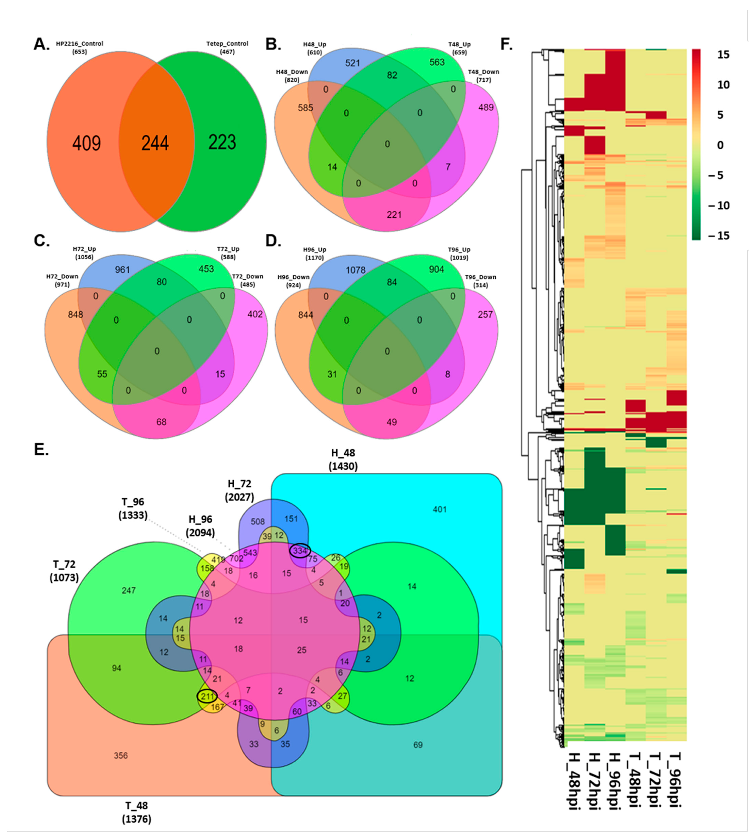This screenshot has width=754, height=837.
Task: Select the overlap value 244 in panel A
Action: click(x=155, y=143)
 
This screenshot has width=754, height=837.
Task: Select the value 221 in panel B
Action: click(x=394, y=215)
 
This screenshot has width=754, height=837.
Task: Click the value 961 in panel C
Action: click(x=122, y=270)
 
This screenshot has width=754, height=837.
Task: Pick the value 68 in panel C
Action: click(x=161, y=422)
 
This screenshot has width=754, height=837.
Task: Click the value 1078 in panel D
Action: click(x=355, y=270)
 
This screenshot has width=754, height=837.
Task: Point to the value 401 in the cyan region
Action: click(x=440, y=509)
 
